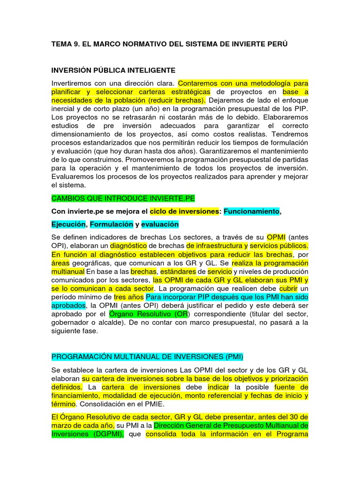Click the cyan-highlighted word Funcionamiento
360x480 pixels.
click(251, 211)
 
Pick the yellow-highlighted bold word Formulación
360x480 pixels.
click(112, 224)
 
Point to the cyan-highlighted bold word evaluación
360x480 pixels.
click(160, 224)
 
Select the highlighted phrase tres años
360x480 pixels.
click(129, 297)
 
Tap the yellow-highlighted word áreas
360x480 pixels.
click(60, 263)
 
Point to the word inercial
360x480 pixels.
click(64, 109)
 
